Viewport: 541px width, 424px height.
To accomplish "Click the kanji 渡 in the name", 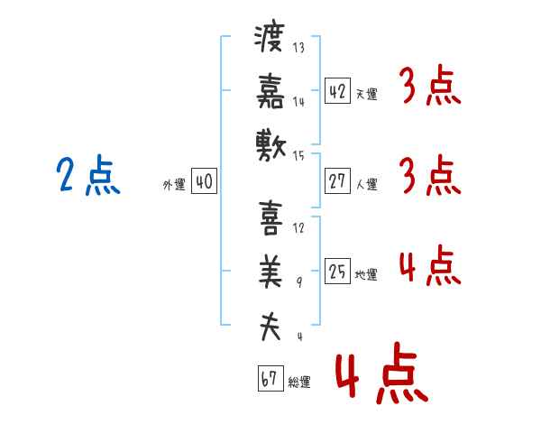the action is pyautogui.click(x=270, y=38).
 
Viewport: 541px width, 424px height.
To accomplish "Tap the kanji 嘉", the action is pyautogui.click(x=270, y=91).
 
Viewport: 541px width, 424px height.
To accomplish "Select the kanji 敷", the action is pyautogui.click(x=270, y=145).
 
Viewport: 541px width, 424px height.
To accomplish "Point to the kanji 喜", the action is pyautogui.click(x=270, y=218).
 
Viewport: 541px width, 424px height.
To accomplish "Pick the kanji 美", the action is pyautogui.click(x=270, y=272).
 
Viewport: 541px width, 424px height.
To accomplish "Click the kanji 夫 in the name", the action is pyautogui.click(x=270, y=327).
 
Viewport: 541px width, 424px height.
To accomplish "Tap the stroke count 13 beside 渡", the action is pyautogui.click(x=298, y=47).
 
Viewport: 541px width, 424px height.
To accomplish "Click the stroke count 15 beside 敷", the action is pyautogui.click(x=298, y=156).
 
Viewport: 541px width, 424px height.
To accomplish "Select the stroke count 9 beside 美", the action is pyautogui.click(x=299, y=282).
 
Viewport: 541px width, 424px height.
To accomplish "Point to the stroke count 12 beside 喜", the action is pyautogui.click(x=298, y=228).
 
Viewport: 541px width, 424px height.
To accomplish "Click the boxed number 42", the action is pyautogui.click(x=337, y=91).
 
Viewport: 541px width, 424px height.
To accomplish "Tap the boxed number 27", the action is pyautogui.click(x=337, y=181).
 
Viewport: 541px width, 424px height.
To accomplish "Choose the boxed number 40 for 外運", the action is pyautogui.click(x=204, y=181).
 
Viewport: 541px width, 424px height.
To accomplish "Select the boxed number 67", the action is pyautogui.click(x=270, y=378).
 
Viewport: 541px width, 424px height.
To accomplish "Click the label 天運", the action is pyautogui.click(x=366, y=94).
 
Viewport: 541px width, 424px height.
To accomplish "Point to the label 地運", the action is pyautogui.click(x=366, y=275).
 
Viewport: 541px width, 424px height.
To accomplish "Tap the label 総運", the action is pyautogui.click(x=299, y=382).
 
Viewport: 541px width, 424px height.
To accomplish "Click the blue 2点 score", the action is pyautogui.click(x=88, y=175).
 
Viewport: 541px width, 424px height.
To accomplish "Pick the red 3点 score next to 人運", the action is pyautogui.click(x=430, y=175).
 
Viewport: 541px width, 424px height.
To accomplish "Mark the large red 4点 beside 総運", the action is pyautogui.click(x=382, y=373).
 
